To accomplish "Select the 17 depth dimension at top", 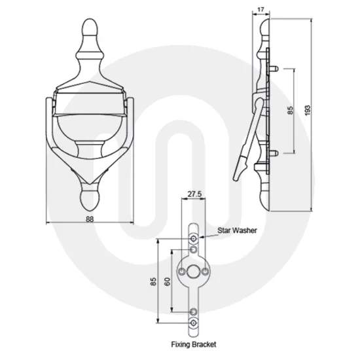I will coord(260,10).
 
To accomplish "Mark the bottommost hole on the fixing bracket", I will coord(194,323).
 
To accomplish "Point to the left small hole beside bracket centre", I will coord(182,270).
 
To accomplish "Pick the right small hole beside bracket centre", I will coord(206,270).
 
